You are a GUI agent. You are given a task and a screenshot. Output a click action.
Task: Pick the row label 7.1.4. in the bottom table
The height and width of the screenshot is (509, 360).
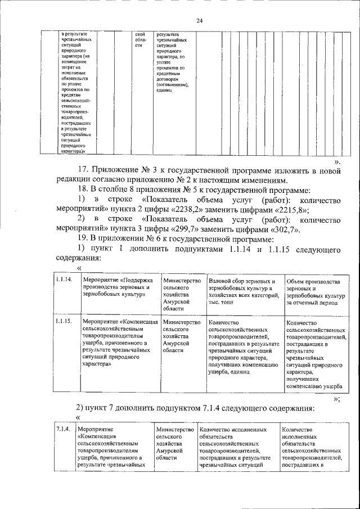click(x=62, y=430)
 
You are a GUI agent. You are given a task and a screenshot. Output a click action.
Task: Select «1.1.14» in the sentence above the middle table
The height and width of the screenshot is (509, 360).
click(x=242, y=249)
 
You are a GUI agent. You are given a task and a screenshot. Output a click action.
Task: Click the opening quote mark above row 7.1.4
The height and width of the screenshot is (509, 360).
click(x=78, y=417)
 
